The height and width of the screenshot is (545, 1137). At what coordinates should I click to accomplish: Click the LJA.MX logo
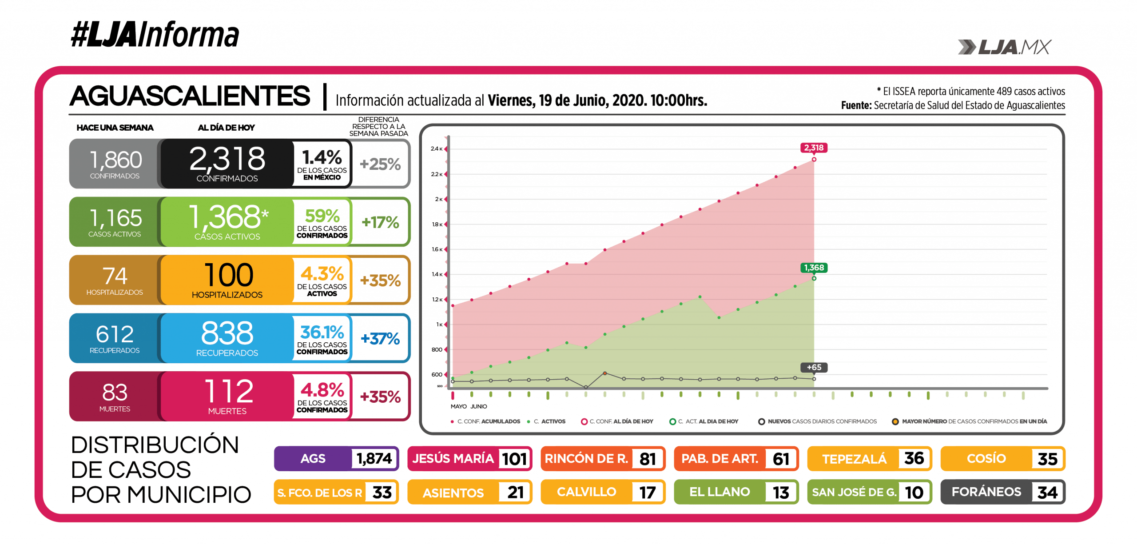[1004, 47]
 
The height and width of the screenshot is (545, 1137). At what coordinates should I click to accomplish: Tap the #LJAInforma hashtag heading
[155, 35]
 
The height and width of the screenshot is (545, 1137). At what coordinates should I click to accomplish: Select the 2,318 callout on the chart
[813, 148]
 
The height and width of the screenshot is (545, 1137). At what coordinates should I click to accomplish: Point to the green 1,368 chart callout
[813, 268]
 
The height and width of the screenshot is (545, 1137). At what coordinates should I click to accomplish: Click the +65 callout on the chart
[814, 367]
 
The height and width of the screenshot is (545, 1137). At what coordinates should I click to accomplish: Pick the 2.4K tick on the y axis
[436, 149]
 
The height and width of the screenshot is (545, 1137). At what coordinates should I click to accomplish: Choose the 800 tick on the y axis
[437, 350]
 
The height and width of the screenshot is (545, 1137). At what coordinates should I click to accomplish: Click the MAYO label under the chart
[458, 406]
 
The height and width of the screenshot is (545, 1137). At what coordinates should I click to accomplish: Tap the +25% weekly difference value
[380, 164]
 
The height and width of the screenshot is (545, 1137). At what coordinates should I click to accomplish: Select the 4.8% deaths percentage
[322, 390]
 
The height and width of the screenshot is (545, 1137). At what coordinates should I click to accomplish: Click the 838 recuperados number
[227, 333]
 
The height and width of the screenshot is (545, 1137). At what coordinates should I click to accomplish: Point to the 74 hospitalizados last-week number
[115, 276]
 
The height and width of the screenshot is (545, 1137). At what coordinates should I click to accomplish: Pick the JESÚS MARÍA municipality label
[453, 458]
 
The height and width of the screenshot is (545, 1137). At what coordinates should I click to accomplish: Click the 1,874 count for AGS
[374, 458]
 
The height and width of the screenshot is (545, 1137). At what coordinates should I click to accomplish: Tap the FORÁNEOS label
[986, 492]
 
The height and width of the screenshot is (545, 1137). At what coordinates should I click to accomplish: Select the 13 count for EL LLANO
[780, 493]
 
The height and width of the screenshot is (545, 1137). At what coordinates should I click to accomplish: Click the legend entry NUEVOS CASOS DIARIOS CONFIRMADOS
[822, 421]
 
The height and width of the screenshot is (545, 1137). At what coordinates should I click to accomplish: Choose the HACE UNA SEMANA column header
[115, 128]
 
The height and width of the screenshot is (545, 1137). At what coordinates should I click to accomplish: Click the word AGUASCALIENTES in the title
[190, 96]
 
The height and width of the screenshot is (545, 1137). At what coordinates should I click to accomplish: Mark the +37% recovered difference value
[380, 339]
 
